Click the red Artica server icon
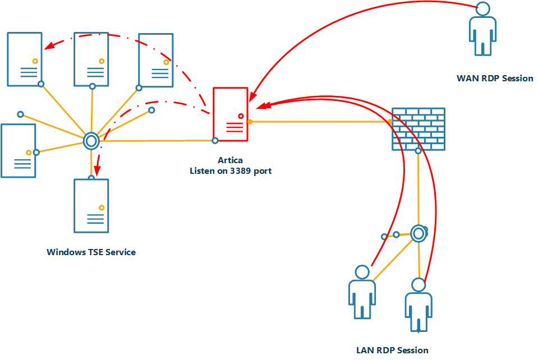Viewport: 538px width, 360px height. click(x=230, y=114)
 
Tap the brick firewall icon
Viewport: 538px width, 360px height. click(x=418, y=129)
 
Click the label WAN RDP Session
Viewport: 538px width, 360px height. click(x=495, y=79)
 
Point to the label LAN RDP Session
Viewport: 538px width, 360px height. click(x=392, y=350)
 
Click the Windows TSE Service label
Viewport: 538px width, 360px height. click(x=91, y=252)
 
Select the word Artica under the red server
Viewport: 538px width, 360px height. click(x=230, y=161)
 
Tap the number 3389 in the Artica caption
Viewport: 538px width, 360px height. click(x=238, y=171)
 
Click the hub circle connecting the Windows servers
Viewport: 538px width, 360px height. click(x=91, y=141)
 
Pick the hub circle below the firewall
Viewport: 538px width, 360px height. click(x=418, y=233)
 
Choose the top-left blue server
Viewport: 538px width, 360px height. click(x=25, y=59)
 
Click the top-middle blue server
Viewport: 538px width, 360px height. click(x=91, y=59)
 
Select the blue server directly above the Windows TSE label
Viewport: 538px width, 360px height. click(x=91, y=206)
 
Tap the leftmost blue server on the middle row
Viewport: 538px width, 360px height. click(x=18, y=151)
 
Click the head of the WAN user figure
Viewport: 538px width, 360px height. click(x=482, y=9)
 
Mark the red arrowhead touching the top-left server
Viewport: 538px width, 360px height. click(x=47, y=48)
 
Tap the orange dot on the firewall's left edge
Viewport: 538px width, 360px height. click(x=390, y=122)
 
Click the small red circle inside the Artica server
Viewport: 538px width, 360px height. click(x=241, y=116)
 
